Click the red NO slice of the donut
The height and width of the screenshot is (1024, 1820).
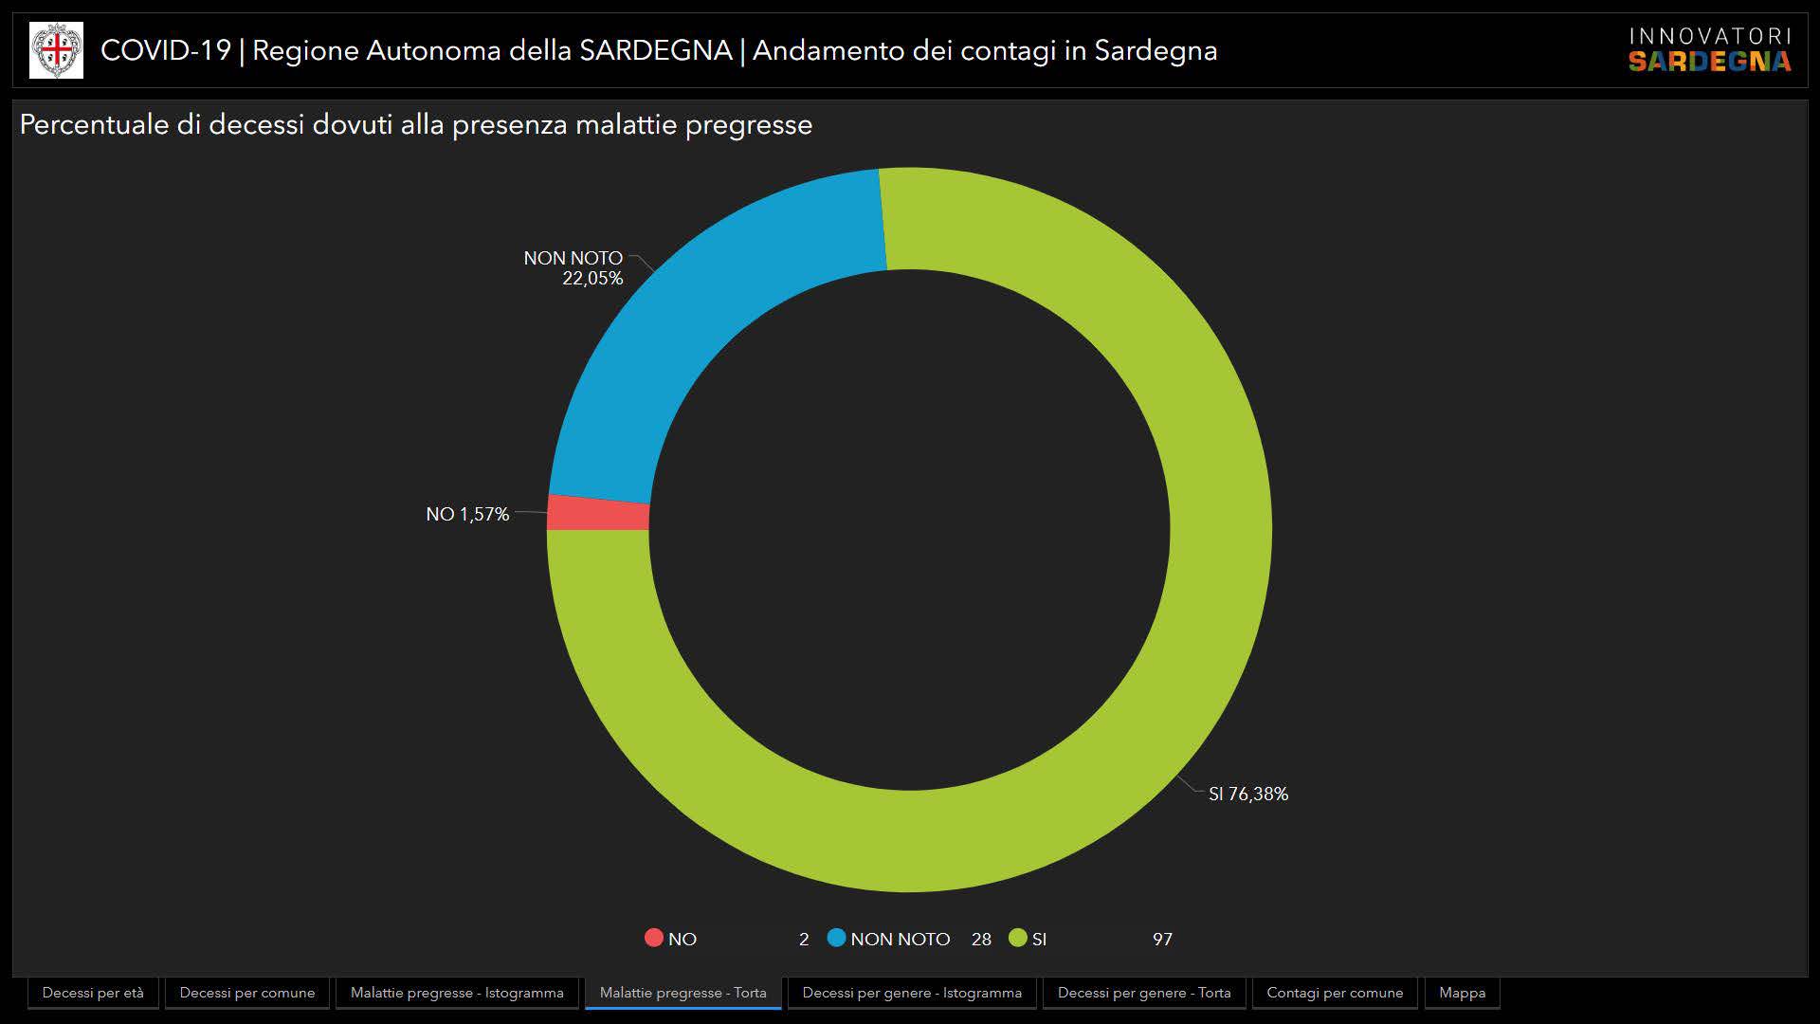click(x=598, y=513)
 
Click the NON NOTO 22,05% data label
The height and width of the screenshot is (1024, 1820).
click(x=574, y=267)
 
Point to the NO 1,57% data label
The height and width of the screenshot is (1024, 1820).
click(x=467, y=514)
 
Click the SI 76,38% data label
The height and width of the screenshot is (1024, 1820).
click(x=1248, y=794)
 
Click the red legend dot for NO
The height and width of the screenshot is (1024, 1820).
click(x=653, y=938)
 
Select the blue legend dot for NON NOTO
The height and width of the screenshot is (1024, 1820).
click(x=836, y=938)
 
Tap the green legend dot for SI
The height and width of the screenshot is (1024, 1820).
click(x=1018, y=938)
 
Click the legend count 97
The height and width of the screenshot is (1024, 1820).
click(x=1162, y=939)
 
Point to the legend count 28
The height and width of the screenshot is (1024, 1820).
click(x=981, y=939)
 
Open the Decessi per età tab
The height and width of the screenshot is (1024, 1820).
click(x=93, y=993)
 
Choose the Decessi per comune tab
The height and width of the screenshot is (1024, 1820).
click(x=247, y=993)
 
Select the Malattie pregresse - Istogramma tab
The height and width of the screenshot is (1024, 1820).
click(x=457, y=993)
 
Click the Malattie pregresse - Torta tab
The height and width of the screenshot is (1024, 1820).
click(x=683, y=993)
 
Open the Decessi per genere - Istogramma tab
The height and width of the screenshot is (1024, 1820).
click(x=912, y=993)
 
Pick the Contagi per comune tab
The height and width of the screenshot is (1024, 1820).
click(x=1335, y=993)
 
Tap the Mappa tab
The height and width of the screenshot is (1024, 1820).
click(x=1463, y=993)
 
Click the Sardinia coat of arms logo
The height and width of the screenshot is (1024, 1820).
click(x=56, y=50)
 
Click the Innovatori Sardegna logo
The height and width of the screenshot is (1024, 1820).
click(x=1710, y=50)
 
